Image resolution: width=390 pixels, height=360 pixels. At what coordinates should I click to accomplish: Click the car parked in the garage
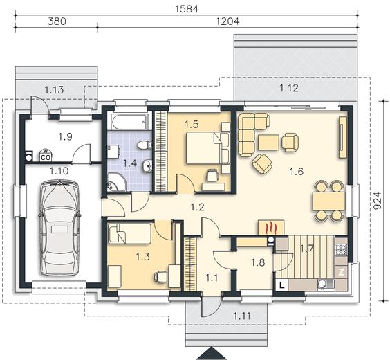(59, 228)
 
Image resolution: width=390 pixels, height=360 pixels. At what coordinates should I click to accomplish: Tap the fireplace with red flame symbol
(271, 227)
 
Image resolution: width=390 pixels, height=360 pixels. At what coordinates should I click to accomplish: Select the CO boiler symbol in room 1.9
(46, 155)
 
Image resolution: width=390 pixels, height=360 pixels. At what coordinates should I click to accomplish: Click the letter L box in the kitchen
(282, 285)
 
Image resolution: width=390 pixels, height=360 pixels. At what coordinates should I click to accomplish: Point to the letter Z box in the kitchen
(342, 272)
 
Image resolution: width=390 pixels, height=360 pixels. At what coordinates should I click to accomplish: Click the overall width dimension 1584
(187, 9)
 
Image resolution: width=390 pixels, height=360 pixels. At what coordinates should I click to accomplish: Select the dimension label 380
(57, 21)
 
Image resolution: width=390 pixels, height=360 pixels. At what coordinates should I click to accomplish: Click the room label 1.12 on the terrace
(289, 88)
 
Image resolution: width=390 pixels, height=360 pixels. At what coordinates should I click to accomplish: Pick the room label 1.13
(54, 89)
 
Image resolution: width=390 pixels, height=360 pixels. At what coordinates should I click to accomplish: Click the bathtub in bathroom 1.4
(129, 122)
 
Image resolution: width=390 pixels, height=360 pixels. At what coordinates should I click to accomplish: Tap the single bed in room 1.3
(129, 233)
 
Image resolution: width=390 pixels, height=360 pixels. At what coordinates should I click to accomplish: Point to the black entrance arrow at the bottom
(211, 354)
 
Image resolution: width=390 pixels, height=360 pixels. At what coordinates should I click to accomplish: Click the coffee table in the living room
(268, 142)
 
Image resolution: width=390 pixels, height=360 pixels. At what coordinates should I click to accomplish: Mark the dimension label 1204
(228, 21)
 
